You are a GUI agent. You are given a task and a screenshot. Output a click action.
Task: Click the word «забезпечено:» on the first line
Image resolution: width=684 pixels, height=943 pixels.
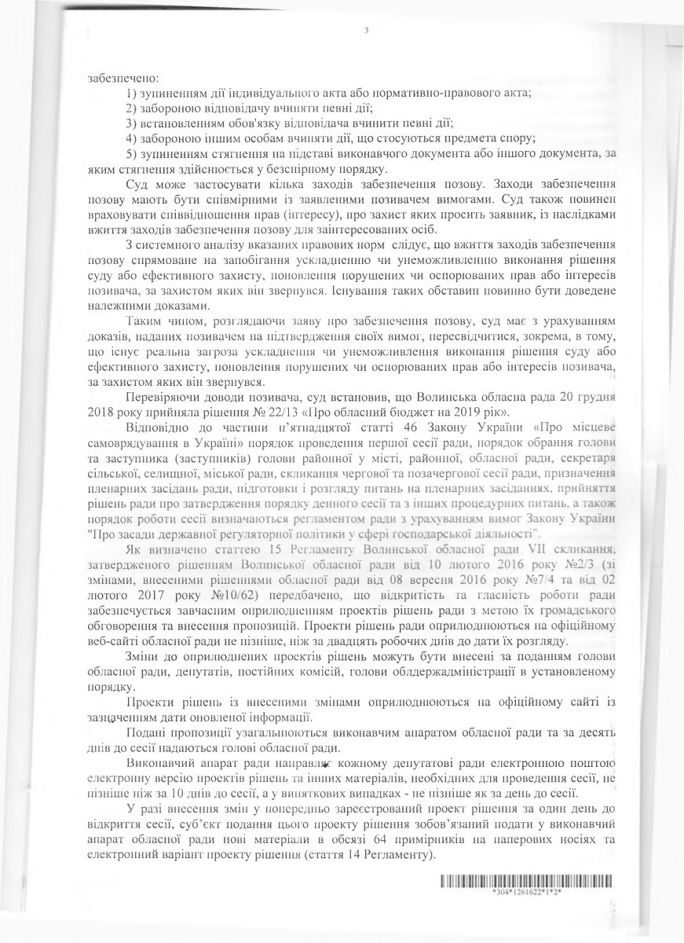point(115,78)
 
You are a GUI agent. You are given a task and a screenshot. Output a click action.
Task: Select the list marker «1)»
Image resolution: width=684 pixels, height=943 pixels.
point(131,94)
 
